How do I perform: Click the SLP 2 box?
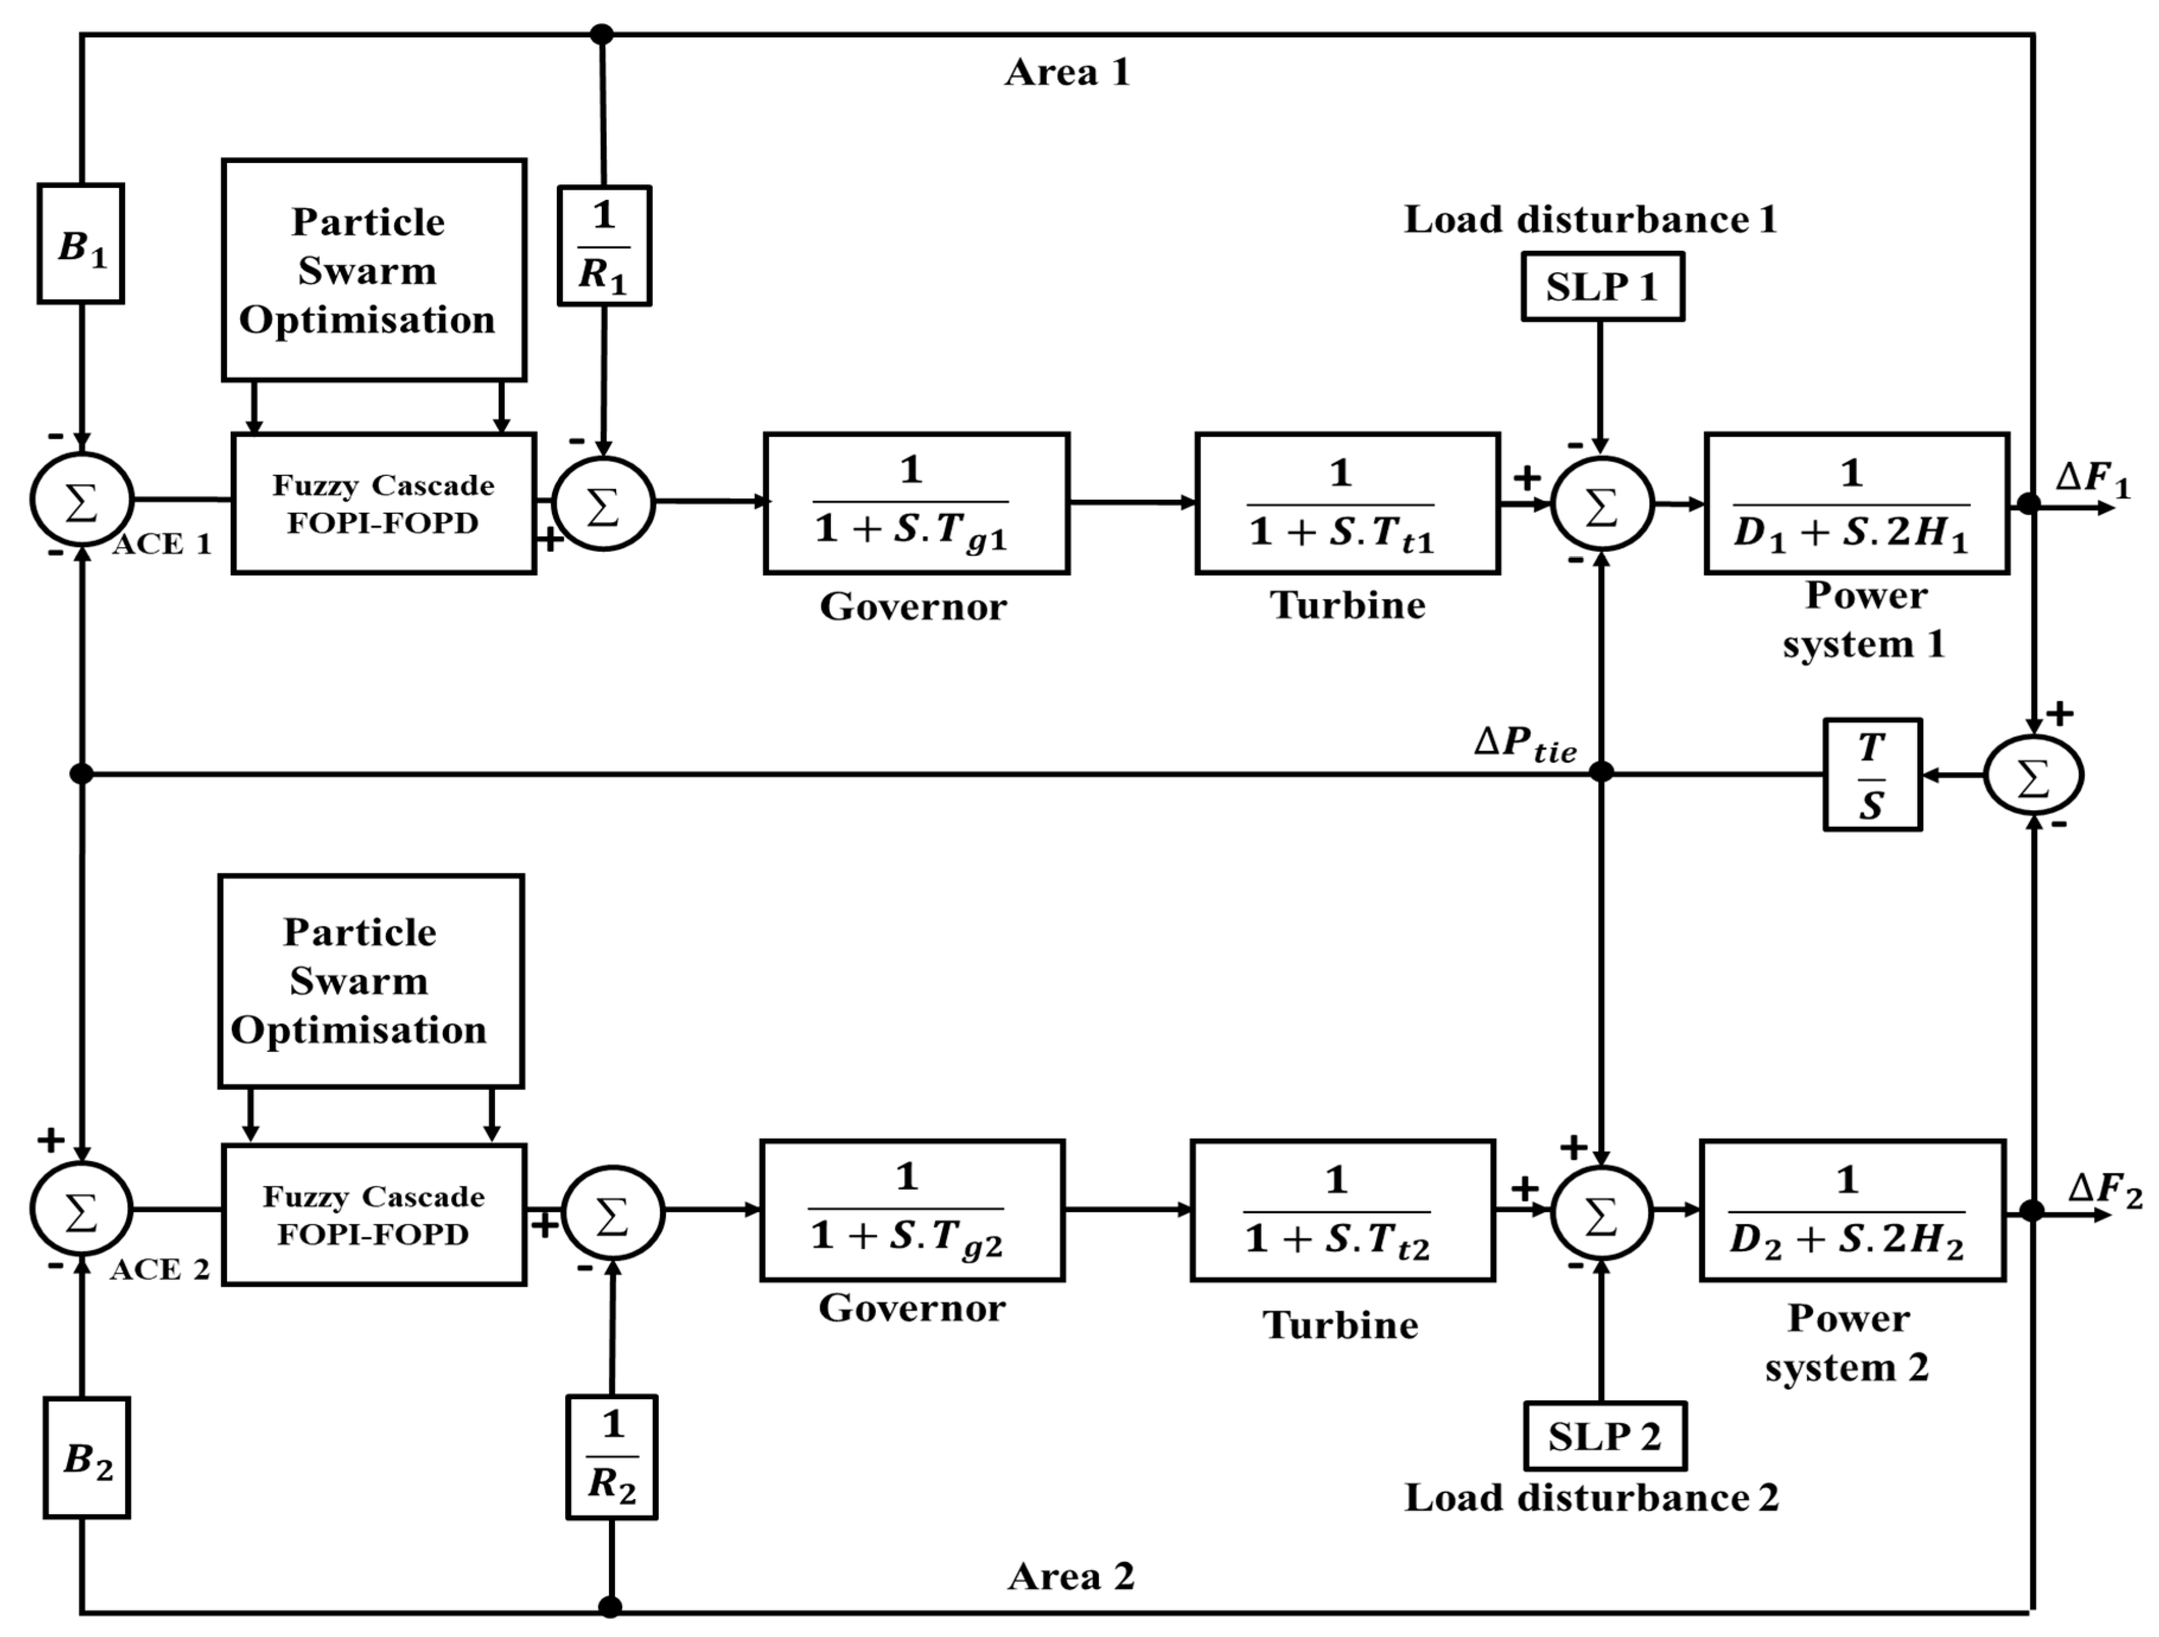[x=1605, y=1436]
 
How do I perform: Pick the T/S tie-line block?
[x=1872, y=775]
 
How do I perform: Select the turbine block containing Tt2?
[x=1342, y=1211]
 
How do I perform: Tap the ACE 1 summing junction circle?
[x=81, y=500]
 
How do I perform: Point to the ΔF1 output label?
[x=2091, y=478]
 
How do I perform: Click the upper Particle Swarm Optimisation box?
[x=374, y=270]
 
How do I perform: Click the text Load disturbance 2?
[x=1591, y=1498]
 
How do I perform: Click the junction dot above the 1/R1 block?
[x=602, y=34]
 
